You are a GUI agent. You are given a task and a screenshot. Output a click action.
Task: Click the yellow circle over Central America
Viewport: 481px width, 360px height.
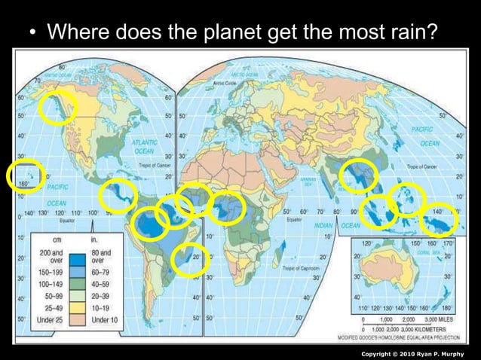click(118, 197)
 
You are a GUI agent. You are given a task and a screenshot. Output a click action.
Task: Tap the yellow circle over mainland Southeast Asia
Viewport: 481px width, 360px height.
click(357, 176)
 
